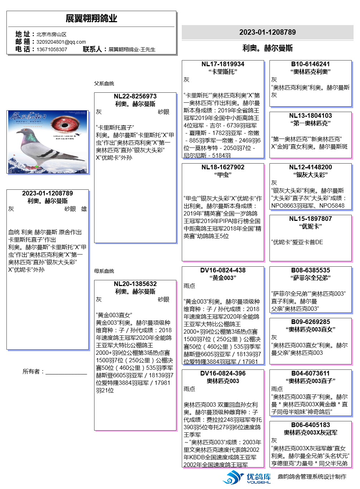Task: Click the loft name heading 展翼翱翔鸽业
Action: point(91,19)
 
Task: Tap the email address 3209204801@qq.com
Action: point(61,42)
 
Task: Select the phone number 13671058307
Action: point(52,49)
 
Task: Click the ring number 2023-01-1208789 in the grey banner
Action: point(267,32)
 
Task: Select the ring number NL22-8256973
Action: point(135,96)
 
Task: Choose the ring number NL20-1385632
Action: point(135,284)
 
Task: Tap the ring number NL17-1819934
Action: point(223,64)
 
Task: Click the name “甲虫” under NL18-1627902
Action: point(223,175)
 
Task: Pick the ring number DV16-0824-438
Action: point(223,270)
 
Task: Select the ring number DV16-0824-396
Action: point(223,373)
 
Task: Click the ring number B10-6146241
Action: point(311,64)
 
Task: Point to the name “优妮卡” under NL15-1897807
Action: point(311,227)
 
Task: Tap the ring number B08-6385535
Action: point(311,270)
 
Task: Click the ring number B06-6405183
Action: point(311,425)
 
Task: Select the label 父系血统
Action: point(104,83)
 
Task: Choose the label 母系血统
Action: point(104,271)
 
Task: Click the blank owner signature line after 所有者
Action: point(66,372)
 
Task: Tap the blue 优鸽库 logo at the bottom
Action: point(247,478)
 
